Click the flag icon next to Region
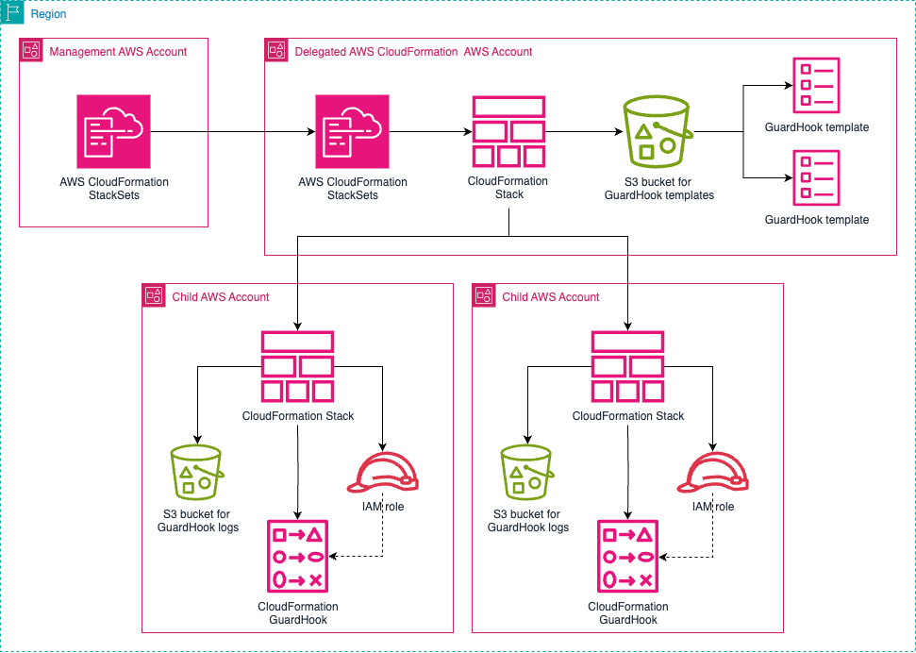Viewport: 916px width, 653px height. click(13, 14)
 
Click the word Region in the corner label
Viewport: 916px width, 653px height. click(48, 15)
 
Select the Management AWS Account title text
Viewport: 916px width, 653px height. click(118, 52)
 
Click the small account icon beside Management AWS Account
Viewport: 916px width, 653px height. click(32, 52)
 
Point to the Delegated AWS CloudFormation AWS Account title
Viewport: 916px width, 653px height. click(413, 52)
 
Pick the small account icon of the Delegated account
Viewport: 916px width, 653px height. click(277, 52)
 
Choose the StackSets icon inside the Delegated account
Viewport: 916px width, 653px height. click(353, 131)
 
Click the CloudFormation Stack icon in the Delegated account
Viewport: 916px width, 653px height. click(508, 131)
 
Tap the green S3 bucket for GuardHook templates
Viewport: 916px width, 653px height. click(658, 131)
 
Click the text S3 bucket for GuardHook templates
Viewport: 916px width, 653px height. click(658, 189)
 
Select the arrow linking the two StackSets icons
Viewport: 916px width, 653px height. click(231, 131)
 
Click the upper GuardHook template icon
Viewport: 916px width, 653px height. click(816, 85)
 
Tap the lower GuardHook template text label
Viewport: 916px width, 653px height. click(816, 220)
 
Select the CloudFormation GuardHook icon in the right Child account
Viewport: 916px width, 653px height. click(628, 557)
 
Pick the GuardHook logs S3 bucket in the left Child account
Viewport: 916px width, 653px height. click(197, 471)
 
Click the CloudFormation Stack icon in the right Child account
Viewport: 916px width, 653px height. click(628, 366)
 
